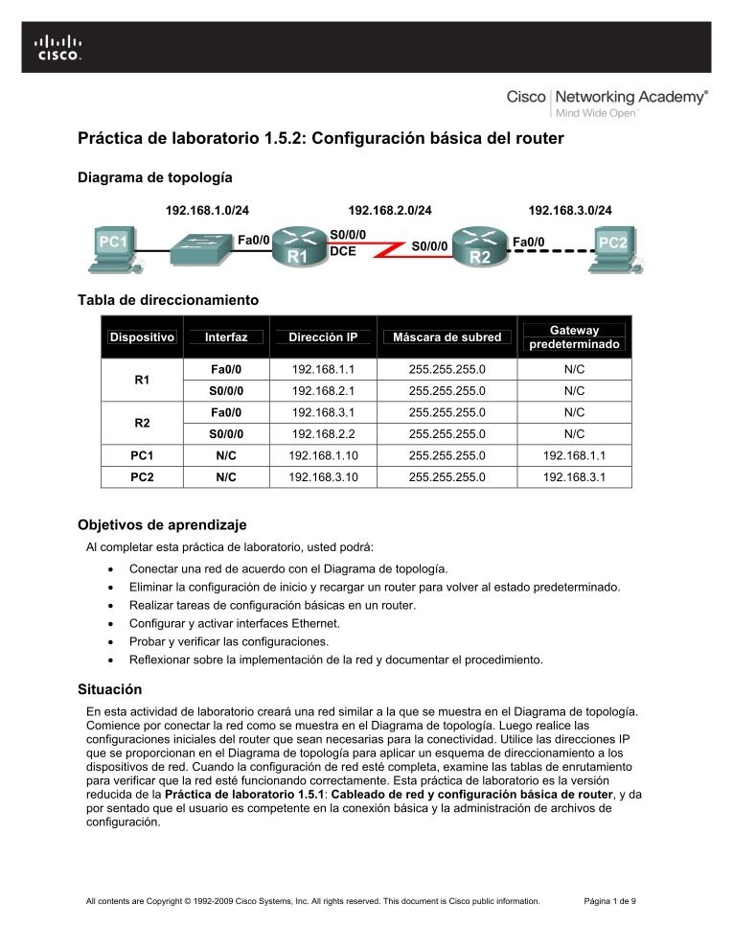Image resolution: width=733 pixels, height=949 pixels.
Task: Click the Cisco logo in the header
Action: [x=58, y=47]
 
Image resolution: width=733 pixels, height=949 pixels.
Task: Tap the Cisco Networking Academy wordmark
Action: [x=607, y=99]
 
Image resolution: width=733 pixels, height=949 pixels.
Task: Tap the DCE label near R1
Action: [x=343, y=251]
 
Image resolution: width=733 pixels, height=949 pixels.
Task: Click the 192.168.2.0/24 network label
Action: [x=389, y=210]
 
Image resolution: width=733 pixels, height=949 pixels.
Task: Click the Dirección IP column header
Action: [x=323, y=337]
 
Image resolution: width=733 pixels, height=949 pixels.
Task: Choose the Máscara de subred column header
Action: [x=447, y=337]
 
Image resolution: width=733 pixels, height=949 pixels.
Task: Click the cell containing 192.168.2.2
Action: [x=323, y=433]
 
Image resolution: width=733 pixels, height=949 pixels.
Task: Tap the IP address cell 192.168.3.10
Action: [x=323, y=475]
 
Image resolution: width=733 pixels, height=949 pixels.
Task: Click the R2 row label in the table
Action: [x=142, y=423]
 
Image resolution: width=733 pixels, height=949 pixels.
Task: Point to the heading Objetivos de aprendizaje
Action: [x=162, y=524]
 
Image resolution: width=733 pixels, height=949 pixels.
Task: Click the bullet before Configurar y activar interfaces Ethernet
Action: [x=115, y=624]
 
